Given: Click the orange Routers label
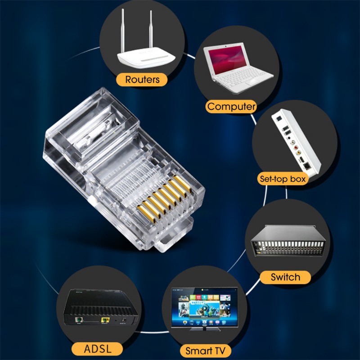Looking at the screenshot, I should [142, 80].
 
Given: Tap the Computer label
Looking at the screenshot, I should [231, 107].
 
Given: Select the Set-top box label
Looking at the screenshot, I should [283, 179].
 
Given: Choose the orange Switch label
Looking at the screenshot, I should [285, 277].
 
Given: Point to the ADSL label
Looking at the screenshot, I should [97, 348].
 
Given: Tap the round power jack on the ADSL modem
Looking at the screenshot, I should [122, 321].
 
